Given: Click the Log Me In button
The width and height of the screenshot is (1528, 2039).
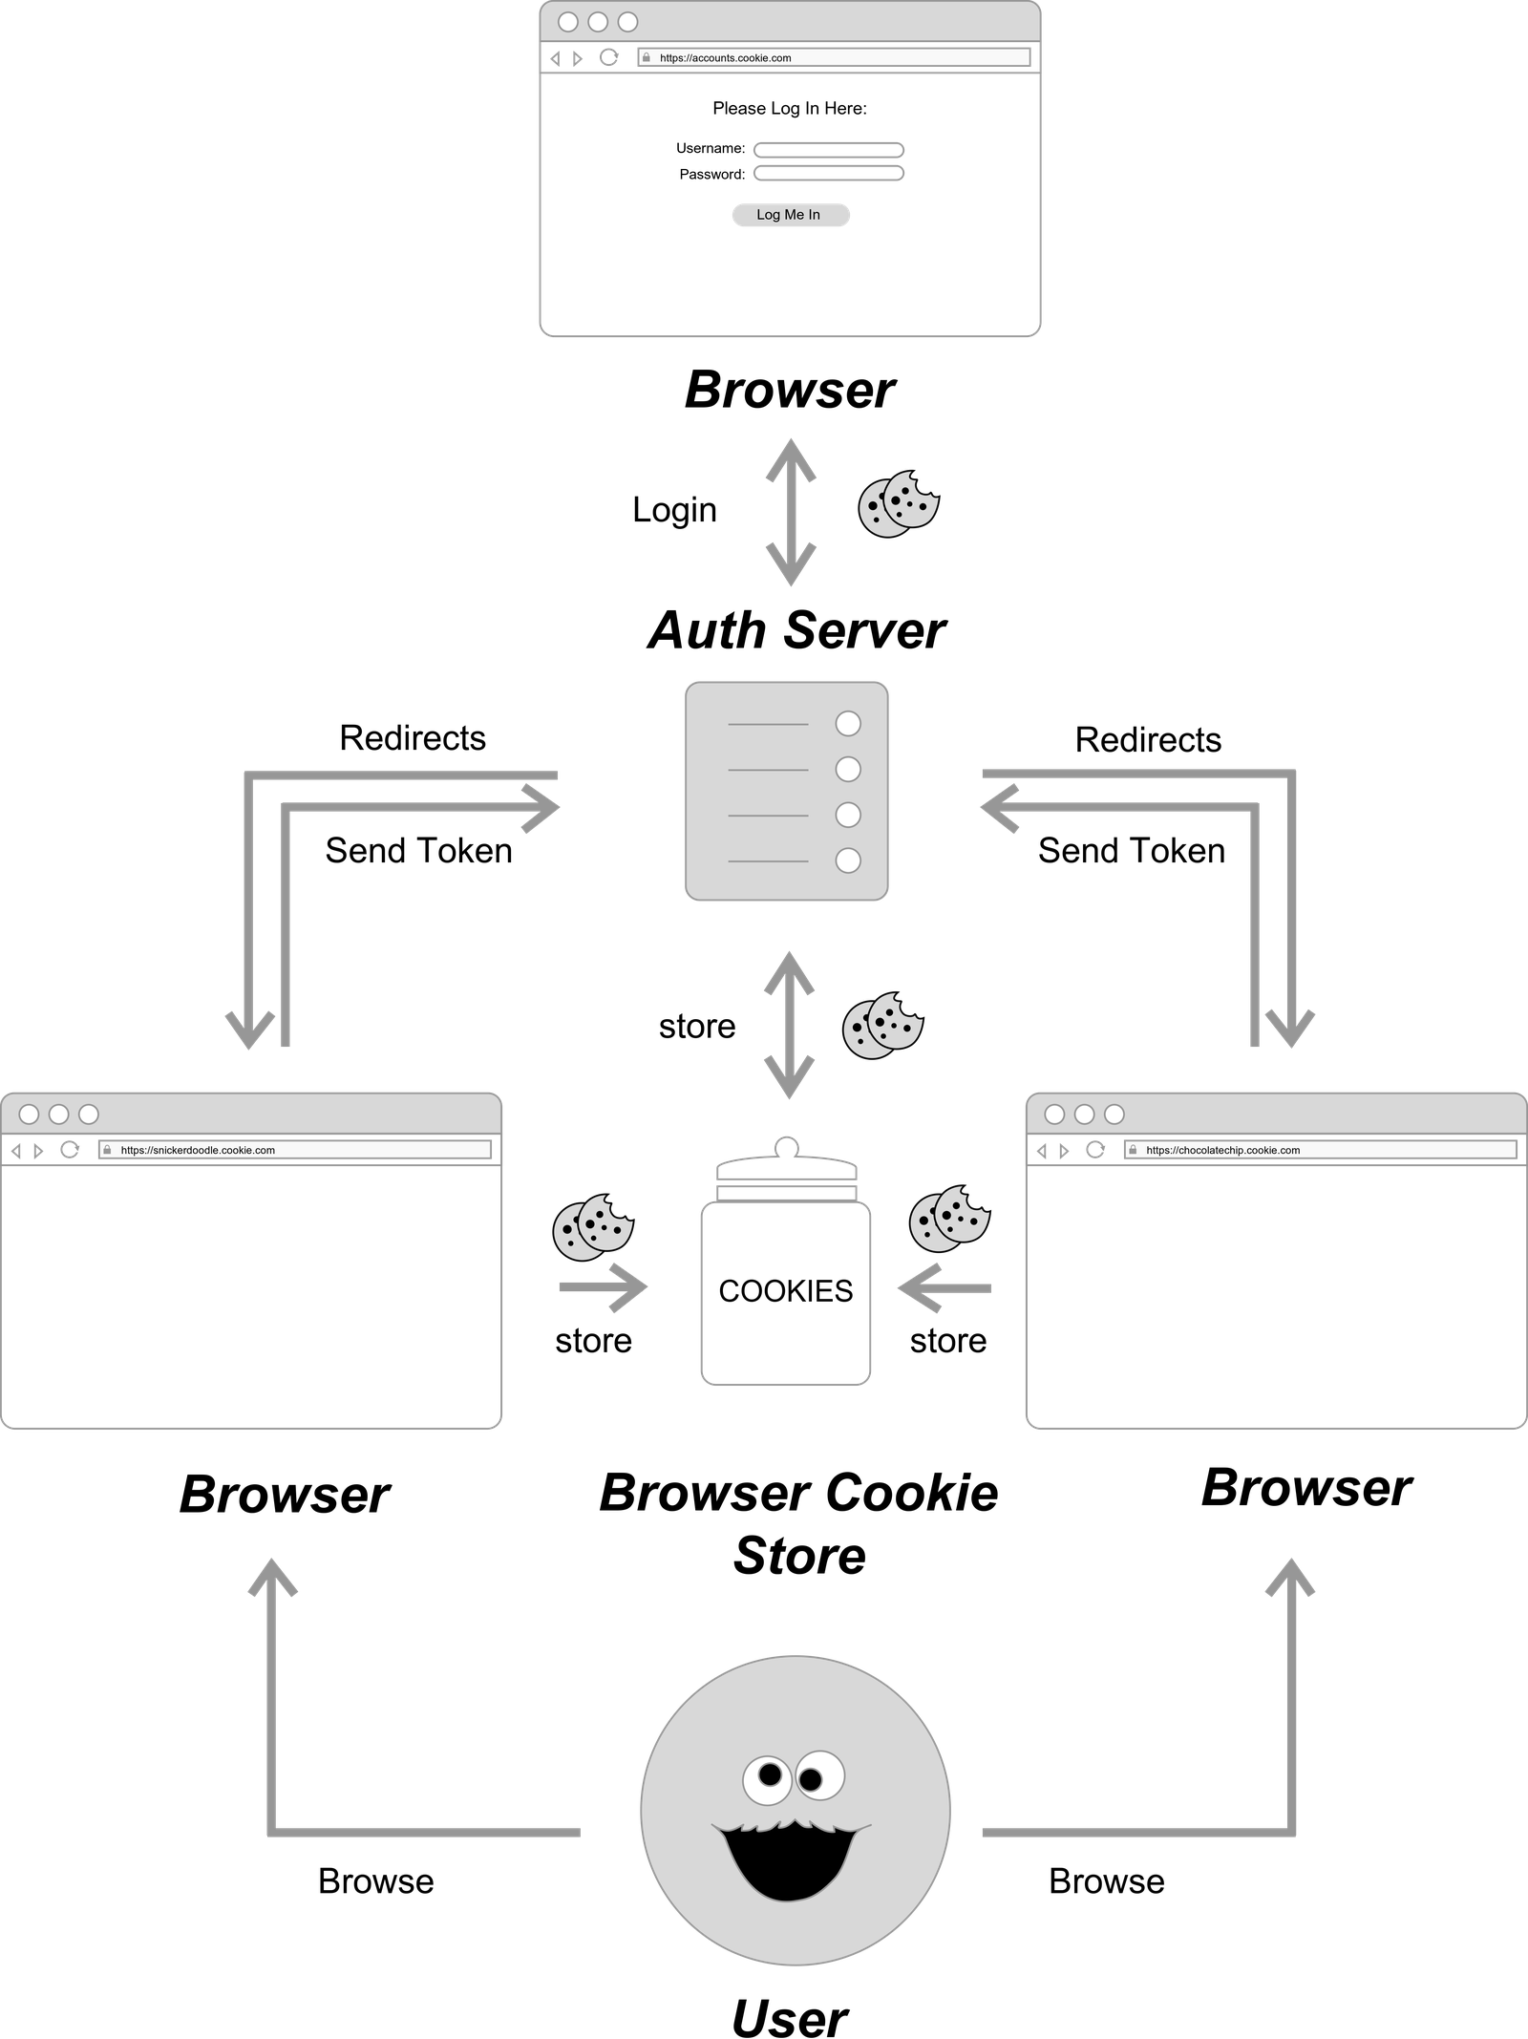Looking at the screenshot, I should (790, 215).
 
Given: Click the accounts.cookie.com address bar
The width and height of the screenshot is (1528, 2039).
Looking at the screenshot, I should (833, 58).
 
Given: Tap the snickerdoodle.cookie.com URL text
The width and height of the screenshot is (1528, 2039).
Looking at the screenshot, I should (198, 1150).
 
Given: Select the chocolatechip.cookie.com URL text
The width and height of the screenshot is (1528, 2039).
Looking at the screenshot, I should (1222, 1150).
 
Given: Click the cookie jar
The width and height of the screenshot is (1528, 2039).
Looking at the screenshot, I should (785, 1270).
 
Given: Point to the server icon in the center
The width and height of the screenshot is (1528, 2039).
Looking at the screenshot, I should (786, 791).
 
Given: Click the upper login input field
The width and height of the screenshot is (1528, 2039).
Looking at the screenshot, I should (828, 150).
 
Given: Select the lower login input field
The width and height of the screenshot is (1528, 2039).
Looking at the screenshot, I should (828, 173).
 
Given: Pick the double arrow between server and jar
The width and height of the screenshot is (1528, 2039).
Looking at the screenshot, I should (789, 1025).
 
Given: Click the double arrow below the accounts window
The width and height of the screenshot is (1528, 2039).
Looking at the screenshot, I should (791, 512).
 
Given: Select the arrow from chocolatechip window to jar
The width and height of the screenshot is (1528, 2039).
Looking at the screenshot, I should (944, 1288).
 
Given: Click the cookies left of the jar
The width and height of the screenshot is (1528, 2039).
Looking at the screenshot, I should (592, 1226).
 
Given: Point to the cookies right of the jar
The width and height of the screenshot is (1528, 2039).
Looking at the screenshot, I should (948, 1219).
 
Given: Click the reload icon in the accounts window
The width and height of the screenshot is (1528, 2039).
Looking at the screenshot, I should (608, 57).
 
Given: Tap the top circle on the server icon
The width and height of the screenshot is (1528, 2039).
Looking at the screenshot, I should (847, 724).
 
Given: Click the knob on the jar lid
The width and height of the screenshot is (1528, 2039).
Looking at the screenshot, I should (785, 1143).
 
